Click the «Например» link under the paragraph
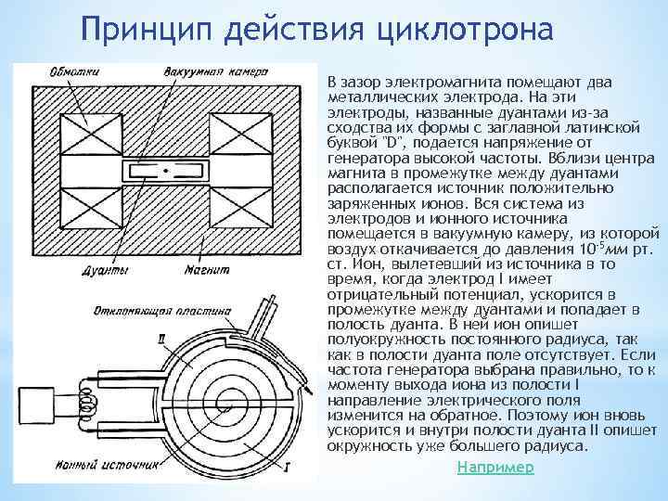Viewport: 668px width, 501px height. click(495, 468)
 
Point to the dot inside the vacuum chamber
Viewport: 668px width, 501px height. click(166, 171)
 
